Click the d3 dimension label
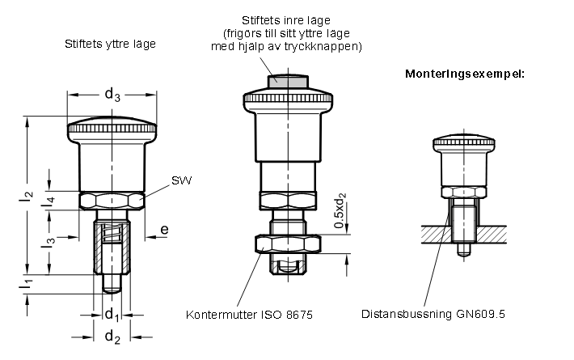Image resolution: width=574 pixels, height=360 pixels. point(112,95)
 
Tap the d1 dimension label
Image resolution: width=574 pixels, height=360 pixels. point(112,315)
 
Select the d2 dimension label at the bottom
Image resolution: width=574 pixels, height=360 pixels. point(112,337)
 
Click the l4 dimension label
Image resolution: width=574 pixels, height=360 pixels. point(49,201)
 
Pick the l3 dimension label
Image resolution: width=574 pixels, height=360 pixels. point(49,242)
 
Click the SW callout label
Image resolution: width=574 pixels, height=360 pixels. point(181,180)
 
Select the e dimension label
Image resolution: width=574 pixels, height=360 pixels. point(165,230)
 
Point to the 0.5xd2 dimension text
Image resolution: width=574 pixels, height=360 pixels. point(340,210)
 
